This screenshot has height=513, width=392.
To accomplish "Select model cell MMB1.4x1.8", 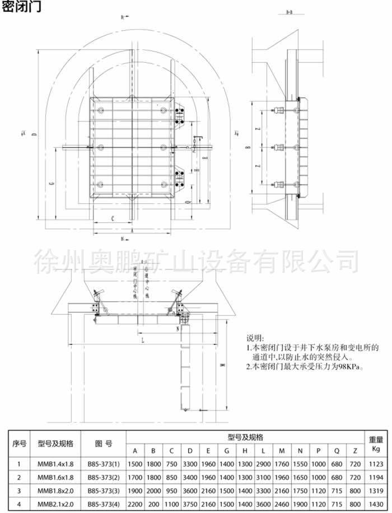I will tap(55, 464).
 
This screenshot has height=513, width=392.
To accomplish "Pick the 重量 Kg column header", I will tap(376, 443).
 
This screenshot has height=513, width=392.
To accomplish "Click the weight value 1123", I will tap(376, 464).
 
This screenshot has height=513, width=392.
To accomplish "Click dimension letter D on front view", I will tap(34, 134).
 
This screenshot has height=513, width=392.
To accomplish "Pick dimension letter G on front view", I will tap(51, 183).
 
